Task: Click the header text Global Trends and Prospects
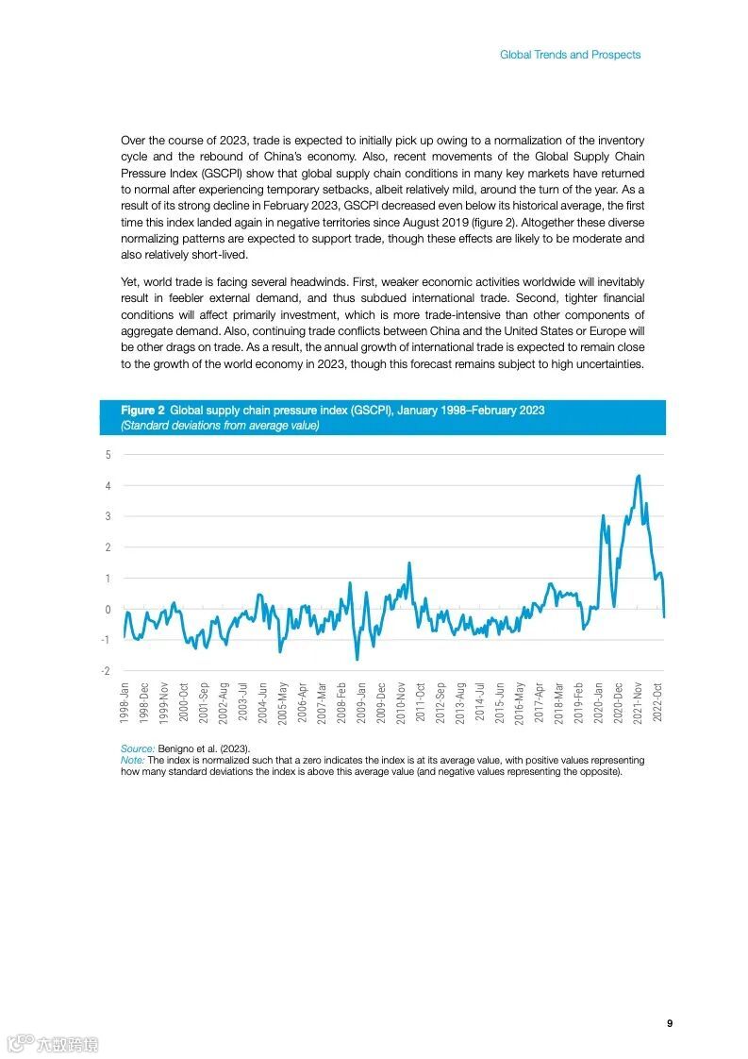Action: click(570, 55)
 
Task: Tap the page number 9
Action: click(669, 1023)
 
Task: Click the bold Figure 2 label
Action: click(142, 411)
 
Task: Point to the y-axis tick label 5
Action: click(108, 455)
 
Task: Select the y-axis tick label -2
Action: click(107, 671)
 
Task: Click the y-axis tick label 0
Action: click(108, 610)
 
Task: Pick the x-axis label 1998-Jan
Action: click(125, 703)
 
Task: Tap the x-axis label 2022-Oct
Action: click(658, 703)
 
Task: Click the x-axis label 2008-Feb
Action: click(341, 703)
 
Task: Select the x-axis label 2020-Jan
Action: click(599, 703)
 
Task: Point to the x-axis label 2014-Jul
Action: click(480, 703)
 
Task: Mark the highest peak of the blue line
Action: click(639, 476)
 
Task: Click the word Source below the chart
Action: click(138, 748)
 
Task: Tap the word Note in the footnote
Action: click(132, 760)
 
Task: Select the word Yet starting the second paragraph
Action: click(130, 282)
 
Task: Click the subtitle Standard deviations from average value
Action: click(220, 426)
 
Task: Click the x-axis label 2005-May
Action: click(282, 703)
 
